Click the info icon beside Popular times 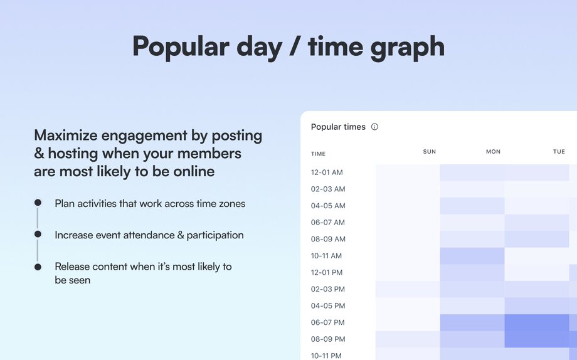click(x=374, y=127)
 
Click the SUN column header click(x=429, y=152)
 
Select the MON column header click(x=493, y=152)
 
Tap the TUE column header click(x=559, y=152)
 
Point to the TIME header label click(x=318, y=154)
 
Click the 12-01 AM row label click(x=327, y=172)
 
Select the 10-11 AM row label click(x=327, y=256)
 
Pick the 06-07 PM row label click(x=327, y=322)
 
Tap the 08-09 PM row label click(x=327, y=339)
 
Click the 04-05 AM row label click(x=327, y=206)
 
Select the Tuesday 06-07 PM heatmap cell click(x=536, y=322)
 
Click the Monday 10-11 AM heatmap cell click(x=472, y=256)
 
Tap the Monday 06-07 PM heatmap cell click(x=472, y=322)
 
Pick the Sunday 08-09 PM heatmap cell click(x=408, y=339)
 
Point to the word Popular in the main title click(x=181, y=46)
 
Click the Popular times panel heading click(x=338, y=127)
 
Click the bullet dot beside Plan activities click(x=38, y=203)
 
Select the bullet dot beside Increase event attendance click(x=38, y=234)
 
